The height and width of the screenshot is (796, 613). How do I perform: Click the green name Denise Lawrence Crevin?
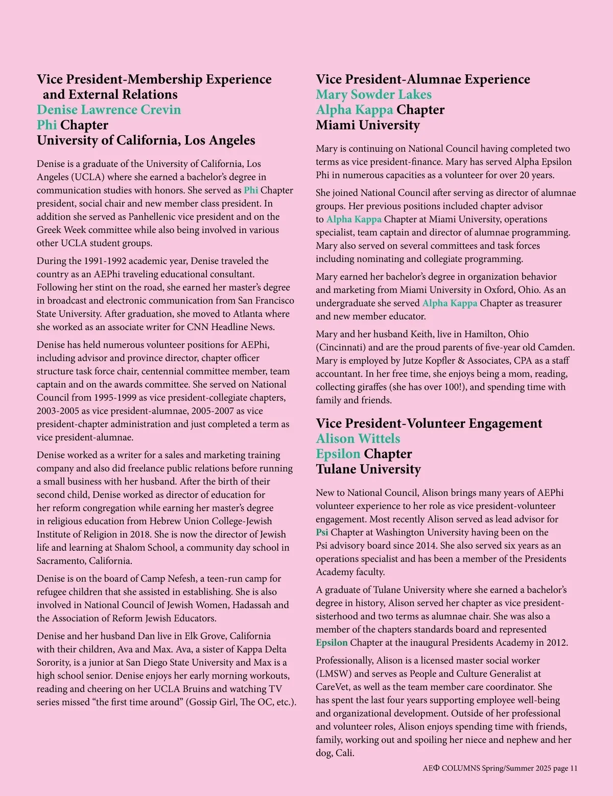pos(108,110)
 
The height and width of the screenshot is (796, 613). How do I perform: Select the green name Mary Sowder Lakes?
pos(373,95)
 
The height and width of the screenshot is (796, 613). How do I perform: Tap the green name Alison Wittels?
pos(358,438)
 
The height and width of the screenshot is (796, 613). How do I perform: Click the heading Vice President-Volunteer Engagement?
pos(429,423)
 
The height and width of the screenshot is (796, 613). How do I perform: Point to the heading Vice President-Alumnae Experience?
pos(422,79)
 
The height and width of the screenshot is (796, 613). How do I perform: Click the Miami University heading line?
pos(367,125)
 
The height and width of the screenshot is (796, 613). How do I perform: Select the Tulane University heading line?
pos(368,469)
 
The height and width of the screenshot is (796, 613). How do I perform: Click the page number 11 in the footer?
pos(574,768)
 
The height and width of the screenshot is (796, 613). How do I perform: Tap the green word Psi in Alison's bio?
pos(322,532)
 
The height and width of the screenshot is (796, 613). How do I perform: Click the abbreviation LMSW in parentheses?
pos(335,674)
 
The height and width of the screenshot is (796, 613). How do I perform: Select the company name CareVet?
pos(332,687)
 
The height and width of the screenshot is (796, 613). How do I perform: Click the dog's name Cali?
pos(344,753)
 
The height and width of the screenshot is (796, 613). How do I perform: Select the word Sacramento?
pos(60,561)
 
